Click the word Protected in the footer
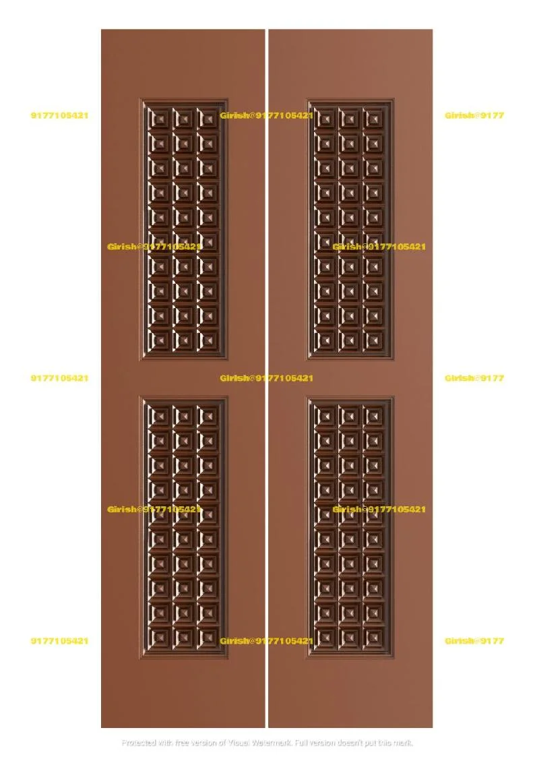139,743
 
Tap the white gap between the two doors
267,404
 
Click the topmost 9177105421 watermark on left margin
59,115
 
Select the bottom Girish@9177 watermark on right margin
474,641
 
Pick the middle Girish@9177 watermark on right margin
474,378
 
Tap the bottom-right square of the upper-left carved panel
208,340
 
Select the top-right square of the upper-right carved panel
374,119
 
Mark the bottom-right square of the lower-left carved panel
208,637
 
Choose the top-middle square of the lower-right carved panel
350,416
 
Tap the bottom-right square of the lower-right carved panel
374,637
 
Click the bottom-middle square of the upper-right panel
350,340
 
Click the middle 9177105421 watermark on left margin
59,378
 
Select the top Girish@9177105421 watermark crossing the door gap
267,115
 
